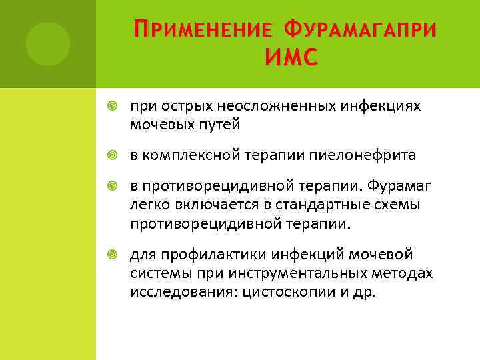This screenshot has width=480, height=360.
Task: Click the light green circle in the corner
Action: (x=48, y=43)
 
